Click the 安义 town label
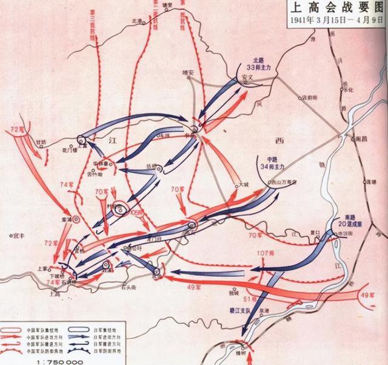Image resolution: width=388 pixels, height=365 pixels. (x=246, y=78)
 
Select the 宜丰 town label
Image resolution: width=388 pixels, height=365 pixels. (x=13, y=233)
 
